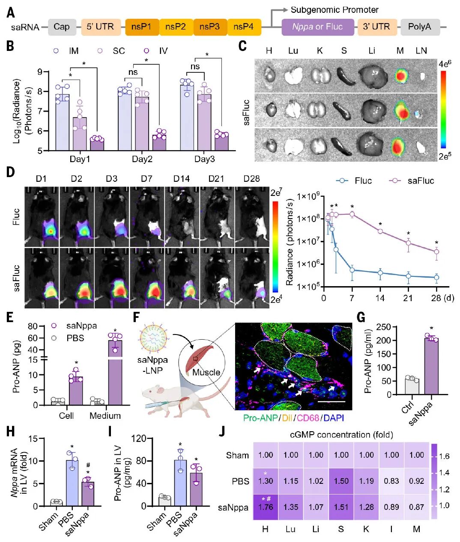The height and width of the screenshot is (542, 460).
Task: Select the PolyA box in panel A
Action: (420, 27)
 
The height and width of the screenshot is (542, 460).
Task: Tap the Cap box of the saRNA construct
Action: (62, 27)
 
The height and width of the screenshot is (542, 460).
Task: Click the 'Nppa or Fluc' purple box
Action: (318, 27)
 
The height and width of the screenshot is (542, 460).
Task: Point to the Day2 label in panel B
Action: (142, 159)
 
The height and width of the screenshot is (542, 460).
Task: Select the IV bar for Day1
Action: (97, 145)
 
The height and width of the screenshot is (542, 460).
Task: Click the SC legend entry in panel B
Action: (111, 51)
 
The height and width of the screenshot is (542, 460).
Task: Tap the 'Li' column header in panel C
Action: (371, 50)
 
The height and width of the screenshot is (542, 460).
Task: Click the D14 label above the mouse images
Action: (182, 178)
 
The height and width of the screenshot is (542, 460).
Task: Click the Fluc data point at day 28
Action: (436, 278)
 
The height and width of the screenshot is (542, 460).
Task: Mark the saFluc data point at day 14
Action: (380, 231)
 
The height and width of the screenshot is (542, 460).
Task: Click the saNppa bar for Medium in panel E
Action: (115, 373)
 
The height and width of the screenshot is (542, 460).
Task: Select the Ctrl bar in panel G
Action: (412, 387)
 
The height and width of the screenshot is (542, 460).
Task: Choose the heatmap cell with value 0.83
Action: (391, 481)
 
